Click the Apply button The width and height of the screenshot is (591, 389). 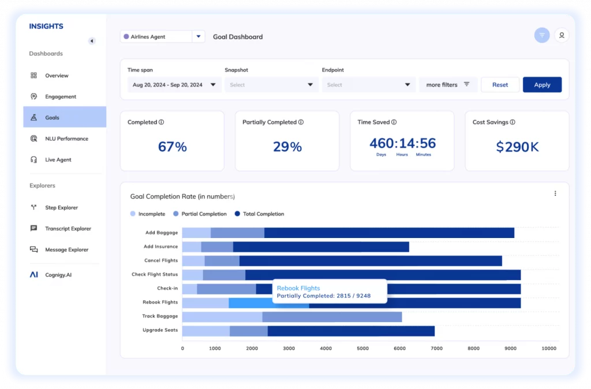[542, 85]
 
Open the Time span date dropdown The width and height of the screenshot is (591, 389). [174, 85]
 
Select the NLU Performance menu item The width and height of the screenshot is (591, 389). [66, 139]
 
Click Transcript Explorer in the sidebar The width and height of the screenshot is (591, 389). [68, 229]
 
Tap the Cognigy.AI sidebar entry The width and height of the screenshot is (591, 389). [58, 275]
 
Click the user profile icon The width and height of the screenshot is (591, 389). [562, 36]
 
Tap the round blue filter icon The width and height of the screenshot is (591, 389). [541, 36]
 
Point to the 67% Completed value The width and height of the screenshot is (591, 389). [172, 147]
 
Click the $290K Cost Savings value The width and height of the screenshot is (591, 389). [517, 147]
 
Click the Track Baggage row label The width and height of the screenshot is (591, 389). [160, 316]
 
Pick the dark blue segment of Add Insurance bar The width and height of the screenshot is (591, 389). [320, 247]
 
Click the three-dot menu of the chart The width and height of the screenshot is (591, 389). [555, 194]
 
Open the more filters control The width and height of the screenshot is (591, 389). [448, 85]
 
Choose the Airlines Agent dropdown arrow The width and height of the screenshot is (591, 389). [199, 36]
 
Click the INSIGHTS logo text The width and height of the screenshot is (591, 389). [46, 27]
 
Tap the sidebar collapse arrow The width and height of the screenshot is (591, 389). [91, 41]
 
